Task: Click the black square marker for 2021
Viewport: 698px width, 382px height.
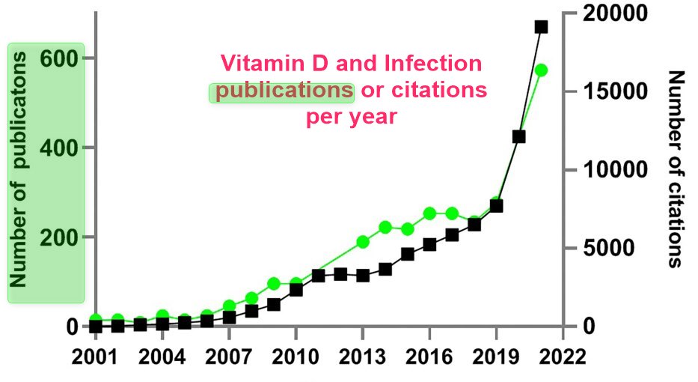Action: point(541,27)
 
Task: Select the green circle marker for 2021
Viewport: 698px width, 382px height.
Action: point(541,70)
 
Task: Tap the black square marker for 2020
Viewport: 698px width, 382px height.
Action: point(518,136)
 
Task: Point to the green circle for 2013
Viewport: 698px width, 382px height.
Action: point(363,241)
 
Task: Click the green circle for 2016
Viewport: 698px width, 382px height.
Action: point(429,213)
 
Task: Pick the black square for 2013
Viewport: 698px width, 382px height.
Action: point(363,276)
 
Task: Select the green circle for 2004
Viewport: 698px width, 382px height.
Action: point(162,316)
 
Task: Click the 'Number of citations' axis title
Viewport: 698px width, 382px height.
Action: point(676,169)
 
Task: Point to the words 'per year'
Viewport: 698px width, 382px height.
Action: point(351,118)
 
